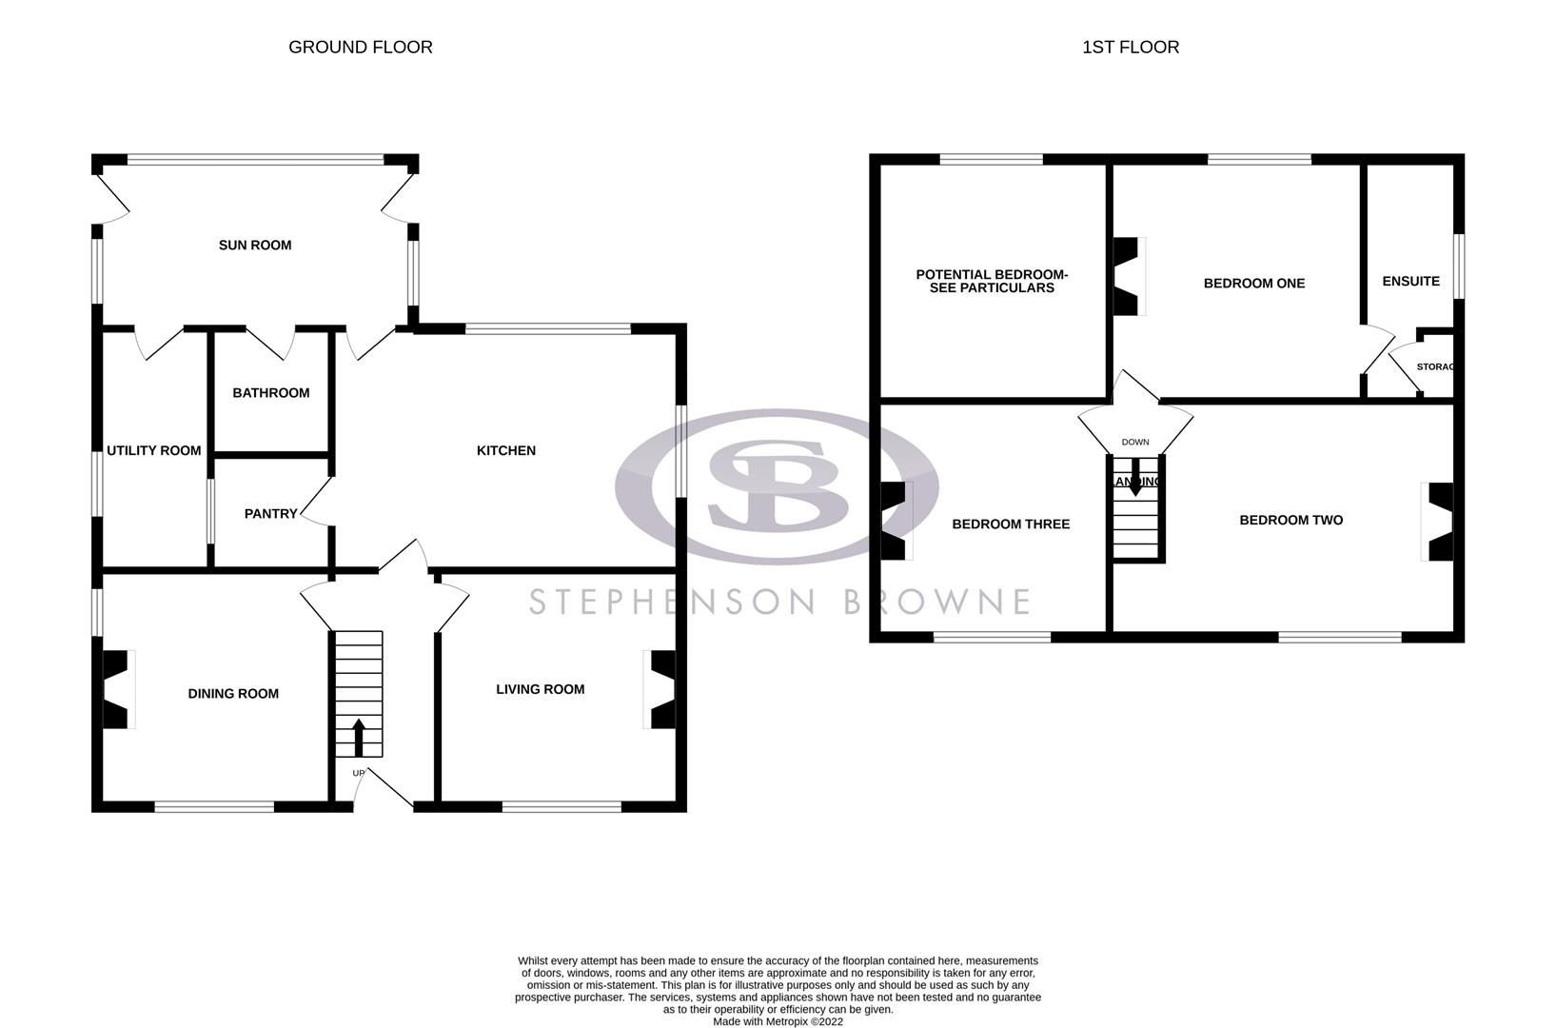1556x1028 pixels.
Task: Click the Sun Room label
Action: pyautogui.click(x=255, y=246)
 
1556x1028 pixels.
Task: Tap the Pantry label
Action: pyautogui.click(x=270, y=514)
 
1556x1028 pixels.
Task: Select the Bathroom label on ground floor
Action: pyautogui.click(x=271, y=393)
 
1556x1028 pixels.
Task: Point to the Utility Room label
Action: pyautogui.click(x=153, y=450)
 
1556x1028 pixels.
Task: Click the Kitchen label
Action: pyautogui.click(x=506, y=451)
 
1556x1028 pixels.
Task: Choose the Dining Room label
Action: pyautogui.click(x=233, y=694)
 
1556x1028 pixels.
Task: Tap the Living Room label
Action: pyautogui.click(x=540, y=689)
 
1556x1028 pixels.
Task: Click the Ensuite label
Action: pyautogui.click(x=1410, y=282)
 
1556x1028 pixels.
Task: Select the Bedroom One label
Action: pyautogui.click(x=1253, y=284)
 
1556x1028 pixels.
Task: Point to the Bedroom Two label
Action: pyautogui.click(x=1290, y=521)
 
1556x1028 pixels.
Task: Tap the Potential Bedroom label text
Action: pyautogui.click(x=992, y=281)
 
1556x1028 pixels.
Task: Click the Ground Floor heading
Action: pyautogui.click(x=360, y=48)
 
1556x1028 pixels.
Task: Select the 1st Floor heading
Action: pyautogui.click(x=1130, y=48)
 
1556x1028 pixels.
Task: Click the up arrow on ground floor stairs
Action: pyautogui.click(x=359, y=735)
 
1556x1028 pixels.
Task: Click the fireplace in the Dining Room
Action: pyautogui.click(x=116, y=689)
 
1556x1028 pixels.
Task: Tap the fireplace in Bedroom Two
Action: pyautogui.click(x=1440, y=522)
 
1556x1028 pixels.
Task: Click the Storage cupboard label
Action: pyautogui.click(x=1434, y=367)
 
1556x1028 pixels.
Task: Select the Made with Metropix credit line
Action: pyautogui.click(x=778, y=1021)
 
